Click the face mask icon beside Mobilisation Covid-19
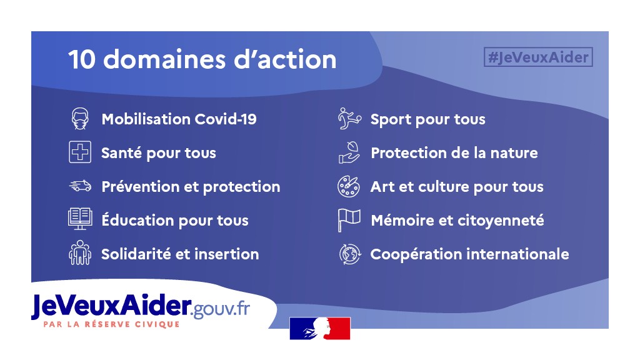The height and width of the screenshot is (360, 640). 80,119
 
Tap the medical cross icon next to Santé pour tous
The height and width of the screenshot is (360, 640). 80,152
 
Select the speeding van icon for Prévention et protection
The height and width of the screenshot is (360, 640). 80,186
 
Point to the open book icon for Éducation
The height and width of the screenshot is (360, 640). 80,219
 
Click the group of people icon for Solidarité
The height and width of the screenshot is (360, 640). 80,252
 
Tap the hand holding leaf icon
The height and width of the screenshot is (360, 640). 349,152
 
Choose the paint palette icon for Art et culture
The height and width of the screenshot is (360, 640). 349,186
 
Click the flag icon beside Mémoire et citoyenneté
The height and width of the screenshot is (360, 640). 349,220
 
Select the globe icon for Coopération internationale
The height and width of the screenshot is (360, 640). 350,254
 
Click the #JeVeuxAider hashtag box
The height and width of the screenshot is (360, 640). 538,57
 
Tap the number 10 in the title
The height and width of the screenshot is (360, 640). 82,59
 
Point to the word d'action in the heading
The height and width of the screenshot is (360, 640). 285,59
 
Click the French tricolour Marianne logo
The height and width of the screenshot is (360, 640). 320,328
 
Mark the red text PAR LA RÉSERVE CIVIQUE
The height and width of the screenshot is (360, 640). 111,324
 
